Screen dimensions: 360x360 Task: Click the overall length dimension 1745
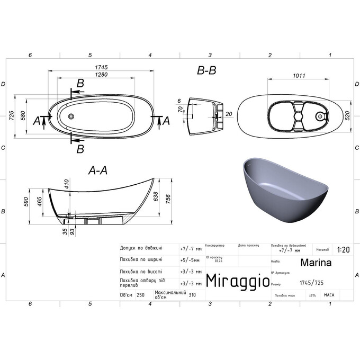101,67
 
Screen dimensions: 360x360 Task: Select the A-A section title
98,170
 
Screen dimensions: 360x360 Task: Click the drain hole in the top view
71,115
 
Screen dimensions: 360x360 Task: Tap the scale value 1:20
342,249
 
